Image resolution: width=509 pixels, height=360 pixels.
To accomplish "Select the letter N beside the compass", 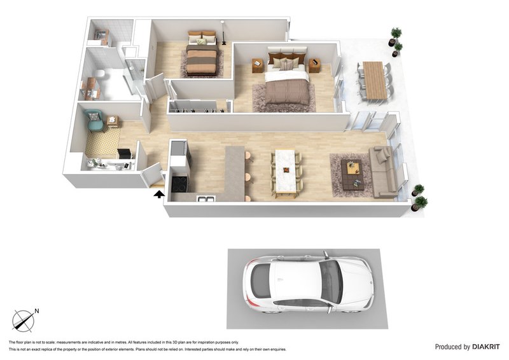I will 37,311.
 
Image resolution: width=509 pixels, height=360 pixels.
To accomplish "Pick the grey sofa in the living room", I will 383,172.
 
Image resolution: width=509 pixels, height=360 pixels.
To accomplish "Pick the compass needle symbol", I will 23,320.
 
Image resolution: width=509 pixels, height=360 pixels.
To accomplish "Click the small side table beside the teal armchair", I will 113,120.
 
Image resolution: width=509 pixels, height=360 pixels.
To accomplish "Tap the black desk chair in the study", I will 123,154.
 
